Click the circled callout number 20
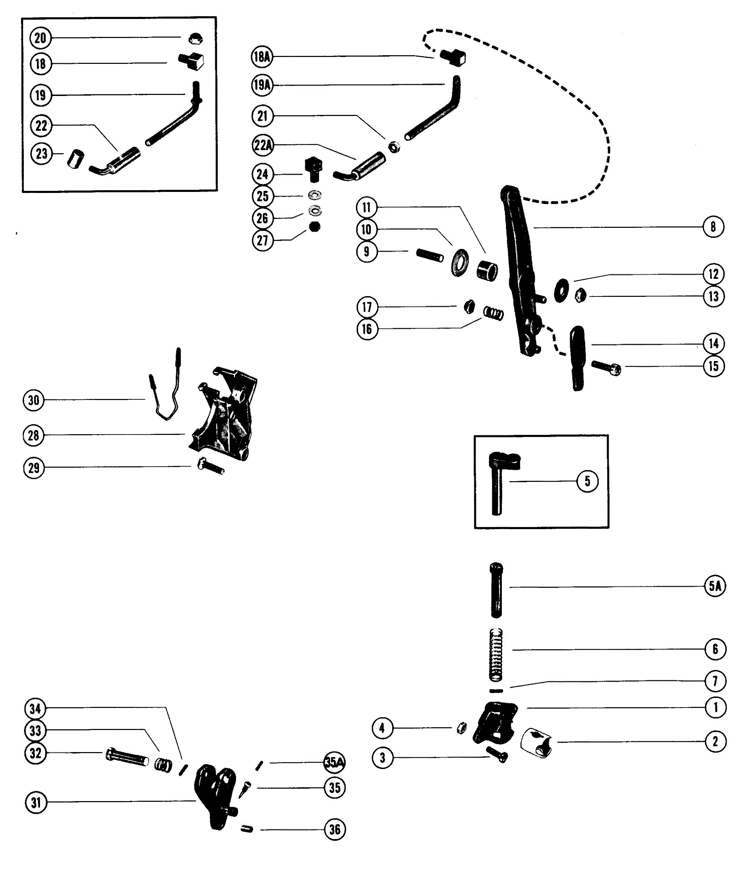[x=41, y=38]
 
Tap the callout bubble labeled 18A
[x=262, y=57]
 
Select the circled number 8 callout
[x=713, y=227]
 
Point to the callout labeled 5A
[x=715, y=586]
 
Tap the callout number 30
[x=34, y=400]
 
